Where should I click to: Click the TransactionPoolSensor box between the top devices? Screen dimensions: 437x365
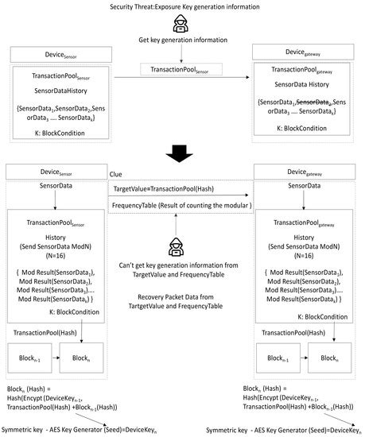point(182,71)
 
